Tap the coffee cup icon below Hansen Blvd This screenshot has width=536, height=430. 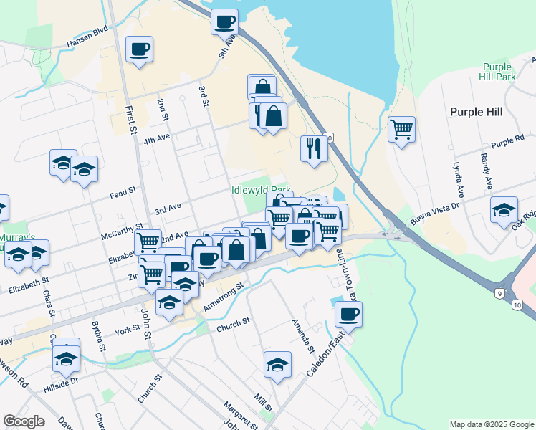coord(139,49)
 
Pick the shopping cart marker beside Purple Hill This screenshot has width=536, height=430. coord(401,130)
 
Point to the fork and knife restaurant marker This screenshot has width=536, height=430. coord(314,148)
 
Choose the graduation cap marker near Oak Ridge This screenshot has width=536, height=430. coord(504,210)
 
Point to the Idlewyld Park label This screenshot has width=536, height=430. coord(261,191)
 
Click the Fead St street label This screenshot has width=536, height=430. coord(123,192)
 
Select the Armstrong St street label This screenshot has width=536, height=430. coord(224,296)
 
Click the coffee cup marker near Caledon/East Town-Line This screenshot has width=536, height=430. coord(348,314)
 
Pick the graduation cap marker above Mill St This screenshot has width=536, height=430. coord(277,364)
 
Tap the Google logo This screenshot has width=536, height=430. coord(23,421)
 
